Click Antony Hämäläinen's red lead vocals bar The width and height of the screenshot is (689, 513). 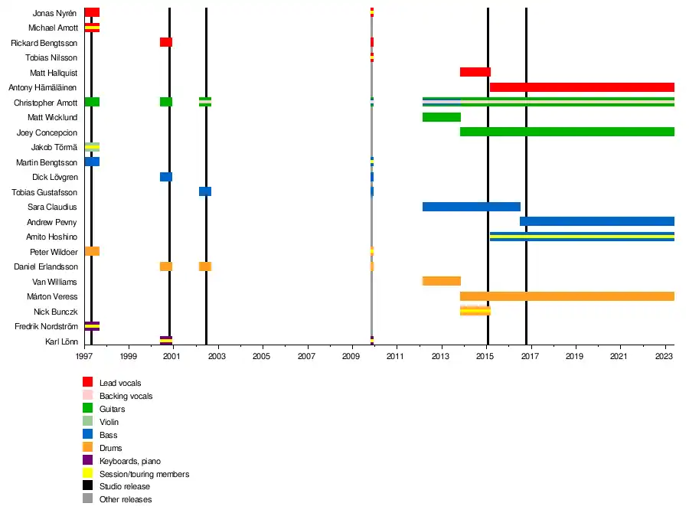coord(582,87)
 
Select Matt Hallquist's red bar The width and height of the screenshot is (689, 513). coord(475,72)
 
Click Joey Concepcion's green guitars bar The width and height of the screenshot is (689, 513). coord(567,132)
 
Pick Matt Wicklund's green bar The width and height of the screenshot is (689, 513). coord(441,117)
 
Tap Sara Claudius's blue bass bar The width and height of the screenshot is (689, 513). coord(471,207)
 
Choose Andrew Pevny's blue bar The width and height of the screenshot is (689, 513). coord(596,222)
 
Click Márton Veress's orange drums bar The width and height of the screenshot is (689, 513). coord(567,296)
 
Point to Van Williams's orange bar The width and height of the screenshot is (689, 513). coord(441,281)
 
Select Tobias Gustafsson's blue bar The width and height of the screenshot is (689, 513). coord(205,191)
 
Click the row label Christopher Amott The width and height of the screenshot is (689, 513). coord(45,103)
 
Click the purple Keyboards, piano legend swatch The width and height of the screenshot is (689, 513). coord(87,460)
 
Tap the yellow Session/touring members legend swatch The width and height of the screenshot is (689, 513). coord(87,473)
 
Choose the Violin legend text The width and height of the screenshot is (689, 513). coord(109,421)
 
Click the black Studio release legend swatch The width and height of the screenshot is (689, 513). coord(87,486)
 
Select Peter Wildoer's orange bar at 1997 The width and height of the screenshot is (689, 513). coord(92,251)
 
